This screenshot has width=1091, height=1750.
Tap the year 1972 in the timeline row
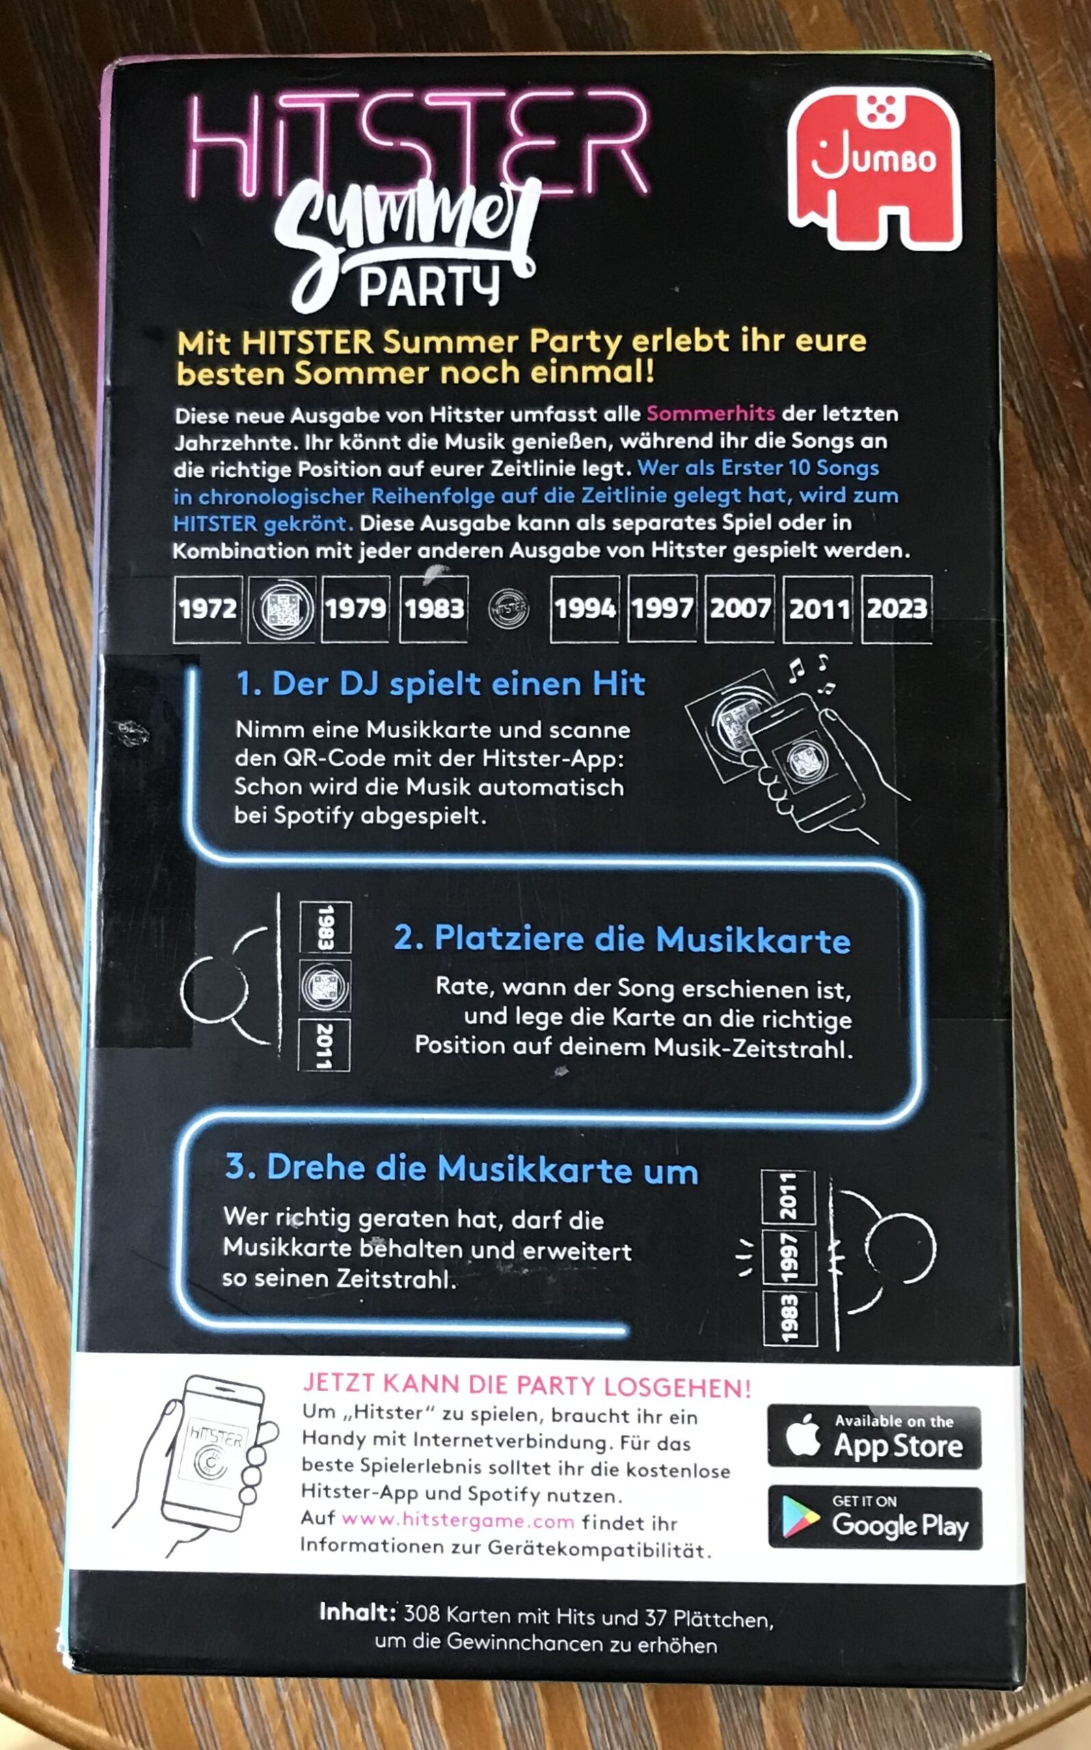click(x=208, y=609)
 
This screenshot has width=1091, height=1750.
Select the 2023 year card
click(x=896, y=609)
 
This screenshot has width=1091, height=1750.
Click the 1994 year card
click(x=584, y=609)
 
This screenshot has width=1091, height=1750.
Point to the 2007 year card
click(x=740, y=609)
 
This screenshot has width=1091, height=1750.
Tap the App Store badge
click(x=874, y=1436)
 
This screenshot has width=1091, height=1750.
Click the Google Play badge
click(x=875, y=1518)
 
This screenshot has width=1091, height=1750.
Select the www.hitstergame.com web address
click(x=458, y=1521)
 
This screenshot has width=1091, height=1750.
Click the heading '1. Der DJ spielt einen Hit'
click(x=441, y=684)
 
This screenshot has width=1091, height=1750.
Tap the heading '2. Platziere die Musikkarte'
click(x=622, y=939)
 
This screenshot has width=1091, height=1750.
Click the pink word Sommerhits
click(x=711, y=414)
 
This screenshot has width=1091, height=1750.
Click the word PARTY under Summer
click(x=429, y=287)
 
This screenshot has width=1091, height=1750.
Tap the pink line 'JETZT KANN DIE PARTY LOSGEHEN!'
click(x=527, y=1386)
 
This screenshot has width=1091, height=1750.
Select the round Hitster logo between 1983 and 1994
click(x=509, y=610)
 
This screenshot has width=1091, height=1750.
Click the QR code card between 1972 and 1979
click(x=282, y=610)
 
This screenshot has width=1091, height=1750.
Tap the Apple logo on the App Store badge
click(x=803, y=1435)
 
